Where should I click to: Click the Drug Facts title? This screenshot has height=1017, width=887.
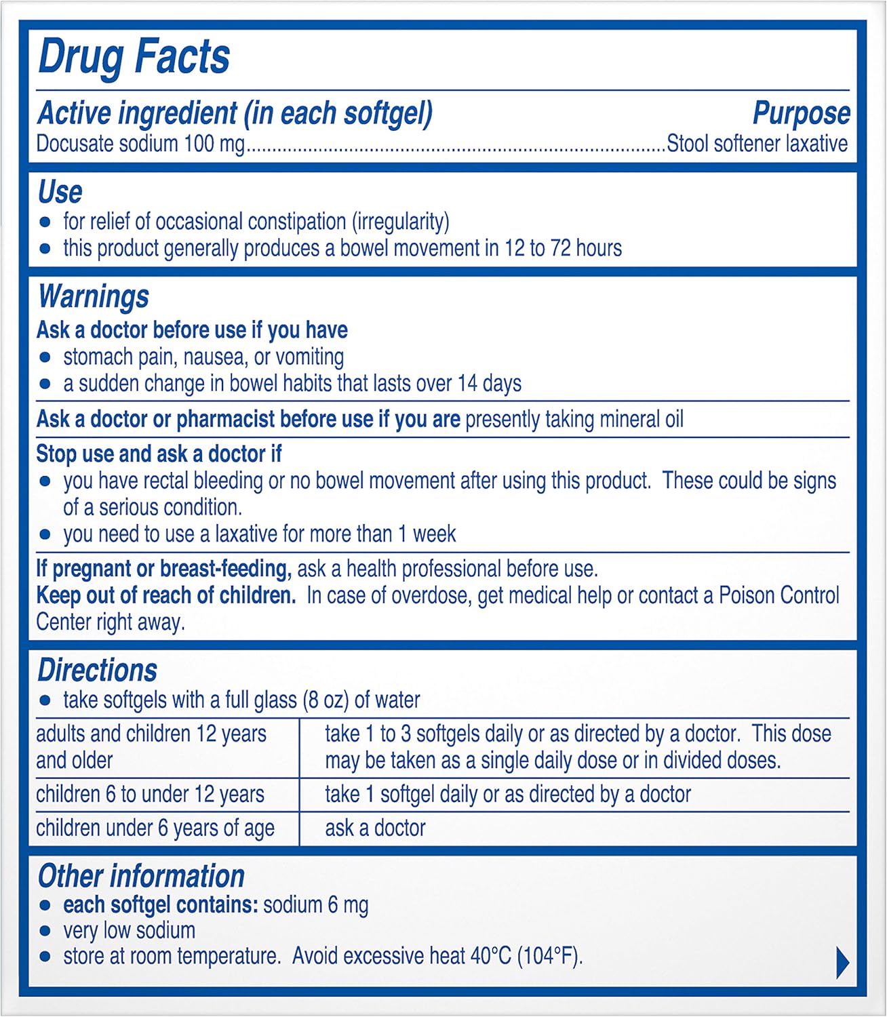pyautogui.click(x=134, y=56)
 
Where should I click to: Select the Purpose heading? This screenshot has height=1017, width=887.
pyautogui.click(x=801, y=113)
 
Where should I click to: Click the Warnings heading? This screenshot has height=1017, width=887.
pyautogui.click(x=93, y=297)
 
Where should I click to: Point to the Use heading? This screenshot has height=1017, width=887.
pyautogui.click(x=60, y=192)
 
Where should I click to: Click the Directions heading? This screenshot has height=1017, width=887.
pyautogui.click(x=97, y=671)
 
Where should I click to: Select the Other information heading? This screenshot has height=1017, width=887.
pyautogui.click(x=141, y=876)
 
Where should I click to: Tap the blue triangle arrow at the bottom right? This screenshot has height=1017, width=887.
pyautogui.click(x=842, y=963)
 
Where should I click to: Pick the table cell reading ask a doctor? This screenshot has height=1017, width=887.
pyautogui.click(x=375, y=829)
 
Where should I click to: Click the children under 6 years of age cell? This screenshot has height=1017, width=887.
pyautogui.click(x=155, y=829)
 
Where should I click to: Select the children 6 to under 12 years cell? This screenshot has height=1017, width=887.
pyautogui.click(x=150, y=795)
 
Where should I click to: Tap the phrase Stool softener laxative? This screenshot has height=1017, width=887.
pyautogui.click(x=757, y=144)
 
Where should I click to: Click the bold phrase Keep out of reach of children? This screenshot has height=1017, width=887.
pyautogui.click(x=166, y=596)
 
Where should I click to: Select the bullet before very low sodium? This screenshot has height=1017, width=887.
pyautogui.click(x=45, y=932)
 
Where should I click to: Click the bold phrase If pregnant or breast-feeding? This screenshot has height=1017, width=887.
pyautogui.click(x=163, y=569)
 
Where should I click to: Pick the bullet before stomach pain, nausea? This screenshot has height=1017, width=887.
pyautogui.click(x=45, y=357)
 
